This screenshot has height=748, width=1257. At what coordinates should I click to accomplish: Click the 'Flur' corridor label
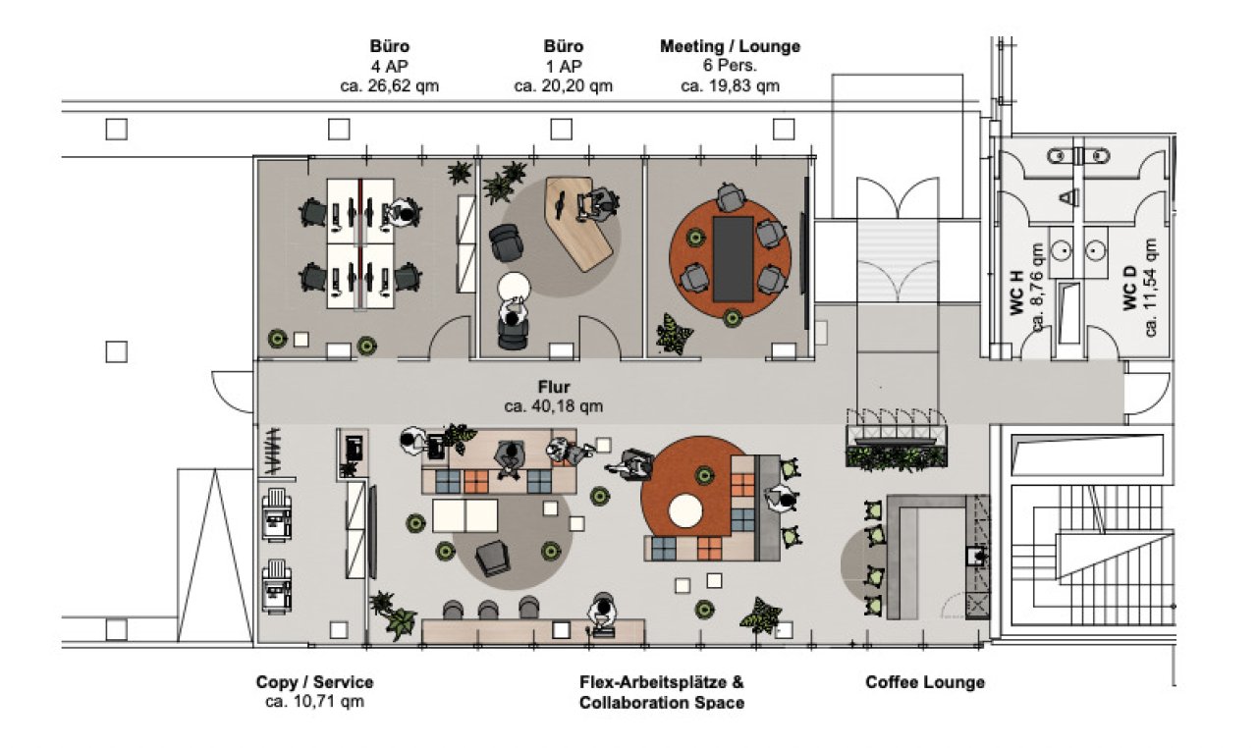[554, 388]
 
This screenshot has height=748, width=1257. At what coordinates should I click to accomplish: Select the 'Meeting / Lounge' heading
[730, 46]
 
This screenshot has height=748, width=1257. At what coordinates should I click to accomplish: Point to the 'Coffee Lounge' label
[925, 682]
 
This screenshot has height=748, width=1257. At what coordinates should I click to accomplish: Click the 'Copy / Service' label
[314, 682]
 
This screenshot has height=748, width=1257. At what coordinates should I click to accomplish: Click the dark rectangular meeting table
[732, 258]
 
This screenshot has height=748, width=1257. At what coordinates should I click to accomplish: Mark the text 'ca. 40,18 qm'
[554, 405]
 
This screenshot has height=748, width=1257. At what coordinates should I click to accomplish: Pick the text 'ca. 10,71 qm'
[314, 701]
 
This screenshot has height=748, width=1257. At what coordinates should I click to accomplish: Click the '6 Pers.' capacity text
[730, 66]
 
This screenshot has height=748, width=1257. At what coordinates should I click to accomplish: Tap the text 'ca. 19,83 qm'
[730, 85]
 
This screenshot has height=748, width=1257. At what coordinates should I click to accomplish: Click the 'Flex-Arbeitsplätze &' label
[661, 682]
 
